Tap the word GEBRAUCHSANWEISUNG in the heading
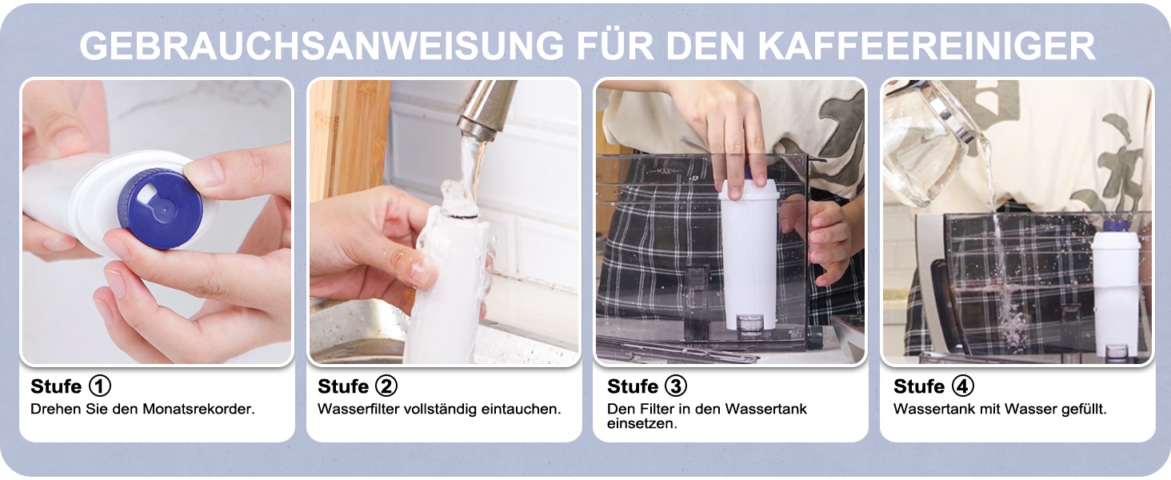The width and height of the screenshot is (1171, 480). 321,46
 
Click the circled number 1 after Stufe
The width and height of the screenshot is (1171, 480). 100,386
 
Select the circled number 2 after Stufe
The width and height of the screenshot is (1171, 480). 386,386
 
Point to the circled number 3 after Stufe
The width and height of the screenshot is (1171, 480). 675,386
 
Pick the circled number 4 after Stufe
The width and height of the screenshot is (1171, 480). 962,386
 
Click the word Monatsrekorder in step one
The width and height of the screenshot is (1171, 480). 198,409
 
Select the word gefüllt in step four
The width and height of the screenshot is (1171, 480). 1084,409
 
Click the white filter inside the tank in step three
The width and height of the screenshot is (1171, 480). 750,254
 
